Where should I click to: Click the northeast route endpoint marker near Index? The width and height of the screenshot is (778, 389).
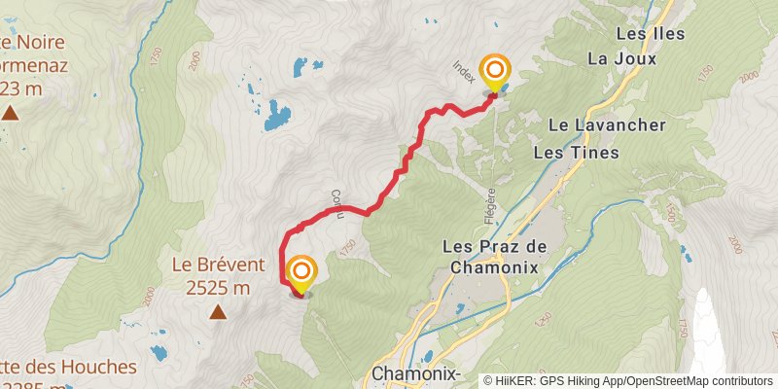click(x=496, y=71)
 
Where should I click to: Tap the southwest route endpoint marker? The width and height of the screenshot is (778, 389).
click(x=301, y=272)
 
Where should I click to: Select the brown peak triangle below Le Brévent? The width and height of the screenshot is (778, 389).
click(x=219, y=312)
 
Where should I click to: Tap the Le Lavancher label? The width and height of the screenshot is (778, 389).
click(x=607, y=125)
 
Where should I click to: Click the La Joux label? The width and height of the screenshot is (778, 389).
click(x=622, y=58)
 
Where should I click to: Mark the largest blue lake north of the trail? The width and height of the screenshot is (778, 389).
click(x=277, y=116)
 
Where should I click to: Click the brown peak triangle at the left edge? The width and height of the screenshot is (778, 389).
click(x=10, y=114)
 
